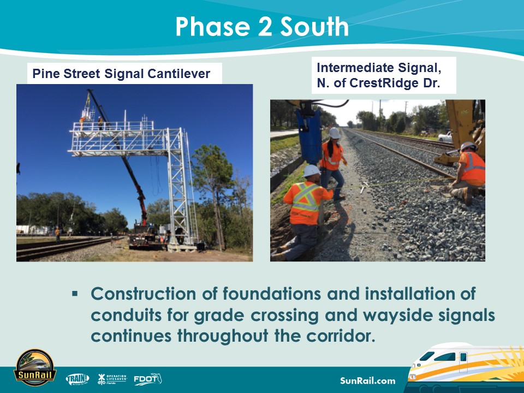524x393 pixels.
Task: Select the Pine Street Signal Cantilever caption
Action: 121,74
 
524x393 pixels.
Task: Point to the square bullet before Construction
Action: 75,294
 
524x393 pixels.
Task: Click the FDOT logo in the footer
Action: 147,378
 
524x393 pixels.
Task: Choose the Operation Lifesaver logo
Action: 112,378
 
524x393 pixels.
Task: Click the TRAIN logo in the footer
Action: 78,379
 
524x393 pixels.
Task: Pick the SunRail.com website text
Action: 367,380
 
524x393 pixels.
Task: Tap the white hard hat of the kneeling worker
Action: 312,171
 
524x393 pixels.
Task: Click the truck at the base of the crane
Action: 143,235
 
